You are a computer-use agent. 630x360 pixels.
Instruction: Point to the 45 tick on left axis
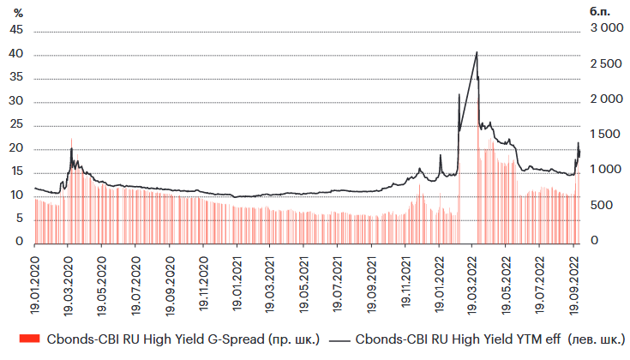point(15,30)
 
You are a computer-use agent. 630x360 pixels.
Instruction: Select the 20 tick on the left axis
point(15,149)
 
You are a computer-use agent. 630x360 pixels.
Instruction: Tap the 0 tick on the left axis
point(18,243)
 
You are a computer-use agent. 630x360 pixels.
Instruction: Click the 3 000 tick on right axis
point(607,30)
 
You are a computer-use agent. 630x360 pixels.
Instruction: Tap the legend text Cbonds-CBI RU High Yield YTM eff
point(490,339)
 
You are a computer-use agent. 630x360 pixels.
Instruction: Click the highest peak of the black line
point(477,52)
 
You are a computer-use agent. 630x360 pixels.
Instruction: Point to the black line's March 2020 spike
point(71,148)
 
